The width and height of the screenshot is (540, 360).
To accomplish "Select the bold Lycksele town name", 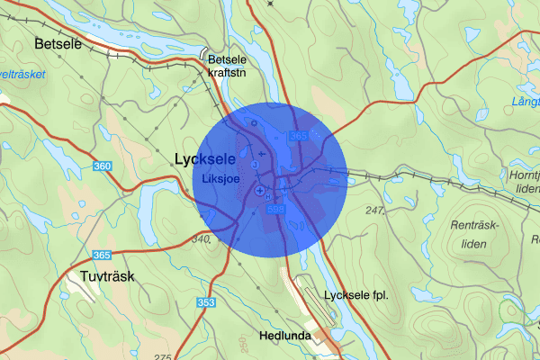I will coord(204,158).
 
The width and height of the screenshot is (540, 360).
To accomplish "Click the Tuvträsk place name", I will coord(106,276).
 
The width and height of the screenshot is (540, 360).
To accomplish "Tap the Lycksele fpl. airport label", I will coord(355,296).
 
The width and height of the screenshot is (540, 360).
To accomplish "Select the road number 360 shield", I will coord(103,166).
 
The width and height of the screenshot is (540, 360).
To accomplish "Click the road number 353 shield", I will coord(206,302).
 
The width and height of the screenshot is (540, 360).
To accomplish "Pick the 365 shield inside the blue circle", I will coord(299,135).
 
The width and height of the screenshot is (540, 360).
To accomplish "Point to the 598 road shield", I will coord(276,209).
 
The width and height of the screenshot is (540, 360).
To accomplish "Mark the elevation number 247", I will coord(376,210).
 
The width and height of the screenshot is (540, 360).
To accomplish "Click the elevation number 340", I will coord(200,239).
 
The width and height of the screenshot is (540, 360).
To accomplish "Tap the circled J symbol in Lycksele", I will coord(255,166).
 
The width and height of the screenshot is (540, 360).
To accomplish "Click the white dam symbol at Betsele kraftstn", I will coord(206,52).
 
